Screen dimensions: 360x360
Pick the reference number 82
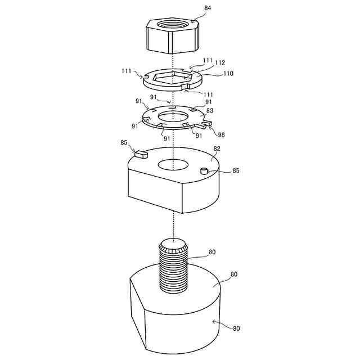[217, 148]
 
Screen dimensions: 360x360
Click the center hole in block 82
[173, 164]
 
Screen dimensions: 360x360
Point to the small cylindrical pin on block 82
[205, 171]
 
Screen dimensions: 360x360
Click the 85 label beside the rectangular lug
[123, 143]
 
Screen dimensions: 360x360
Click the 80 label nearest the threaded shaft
[211, 253]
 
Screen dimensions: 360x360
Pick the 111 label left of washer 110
[126, 71]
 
